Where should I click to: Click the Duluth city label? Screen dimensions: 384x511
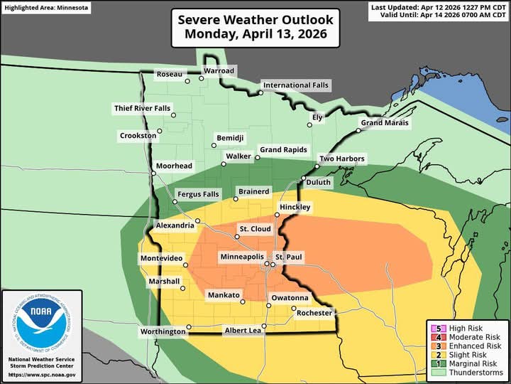tap(318, 183)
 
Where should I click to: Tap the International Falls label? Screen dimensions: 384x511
tap(296, 85)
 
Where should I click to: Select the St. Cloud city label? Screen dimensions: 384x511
tap(254, 229)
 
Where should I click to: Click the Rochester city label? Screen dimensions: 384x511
tap(315, 313)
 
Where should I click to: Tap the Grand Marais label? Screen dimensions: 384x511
tap(385, 123)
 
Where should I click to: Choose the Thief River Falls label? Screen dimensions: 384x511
tap(143, 108)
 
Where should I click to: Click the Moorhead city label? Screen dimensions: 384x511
tap(175, 166)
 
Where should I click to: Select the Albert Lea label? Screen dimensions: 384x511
tap(243, 331)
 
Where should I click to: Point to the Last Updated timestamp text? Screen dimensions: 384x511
tap(438, 8)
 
